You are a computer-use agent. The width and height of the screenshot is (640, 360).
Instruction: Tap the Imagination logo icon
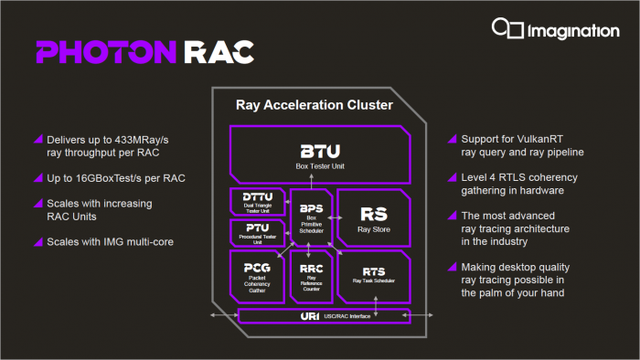507,31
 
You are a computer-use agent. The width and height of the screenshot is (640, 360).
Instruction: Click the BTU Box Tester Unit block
319,154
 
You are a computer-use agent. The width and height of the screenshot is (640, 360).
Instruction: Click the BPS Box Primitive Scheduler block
311,217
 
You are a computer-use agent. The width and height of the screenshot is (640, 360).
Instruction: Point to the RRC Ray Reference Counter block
311,275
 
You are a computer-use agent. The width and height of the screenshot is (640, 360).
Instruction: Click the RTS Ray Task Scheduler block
373,275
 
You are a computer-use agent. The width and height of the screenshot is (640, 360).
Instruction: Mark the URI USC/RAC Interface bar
319,316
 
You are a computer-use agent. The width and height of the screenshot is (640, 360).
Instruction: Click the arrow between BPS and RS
335,218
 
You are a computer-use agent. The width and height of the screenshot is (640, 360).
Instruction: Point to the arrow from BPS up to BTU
311,184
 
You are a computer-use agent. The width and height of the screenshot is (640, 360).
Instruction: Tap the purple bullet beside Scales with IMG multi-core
37,242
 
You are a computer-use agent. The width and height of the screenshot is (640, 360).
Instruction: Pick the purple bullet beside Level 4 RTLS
452,176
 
